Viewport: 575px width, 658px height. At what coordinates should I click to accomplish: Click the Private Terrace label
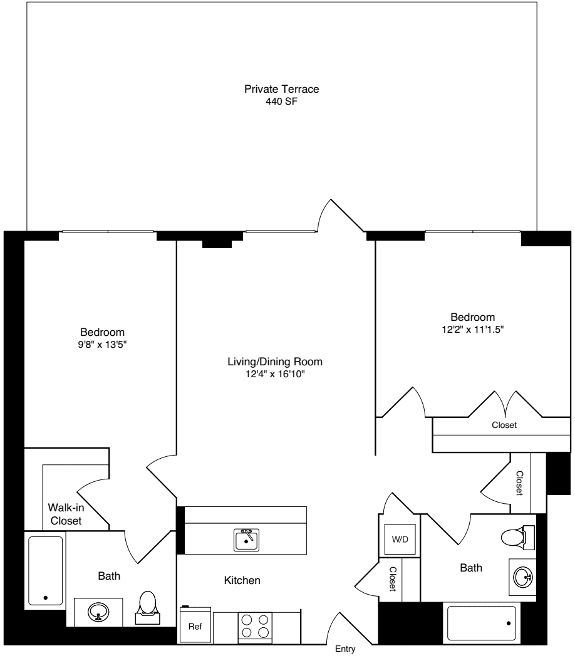click(x=281, y=89)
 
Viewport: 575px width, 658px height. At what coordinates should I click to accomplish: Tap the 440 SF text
click(x=281, y=100)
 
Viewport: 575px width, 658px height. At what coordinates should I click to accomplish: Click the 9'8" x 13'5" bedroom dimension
click(x=102, y=344)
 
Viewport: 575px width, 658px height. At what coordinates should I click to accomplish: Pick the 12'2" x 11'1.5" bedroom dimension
click(x=473, y=329)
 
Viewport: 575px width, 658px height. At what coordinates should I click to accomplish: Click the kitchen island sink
click(x=247, y=540)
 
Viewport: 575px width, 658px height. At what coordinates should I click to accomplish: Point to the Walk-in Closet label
click(x=66, y=514)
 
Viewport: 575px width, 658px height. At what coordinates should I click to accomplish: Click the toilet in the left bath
click(x=148, y=605)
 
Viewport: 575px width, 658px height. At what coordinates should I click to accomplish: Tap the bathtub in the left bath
click(x=46, y=570)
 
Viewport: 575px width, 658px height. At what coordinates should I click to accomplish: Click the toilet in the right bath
click(x=515, y=537)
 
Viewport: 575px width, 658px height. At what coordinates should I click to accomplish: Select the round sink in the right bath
click(x=524, y=576)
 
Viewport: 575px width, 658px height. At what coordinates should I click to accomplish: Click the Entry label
click(x=346, y=650)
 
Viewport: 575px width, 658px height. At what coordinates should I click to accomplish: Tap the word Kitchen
click(x=242, y=581)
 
